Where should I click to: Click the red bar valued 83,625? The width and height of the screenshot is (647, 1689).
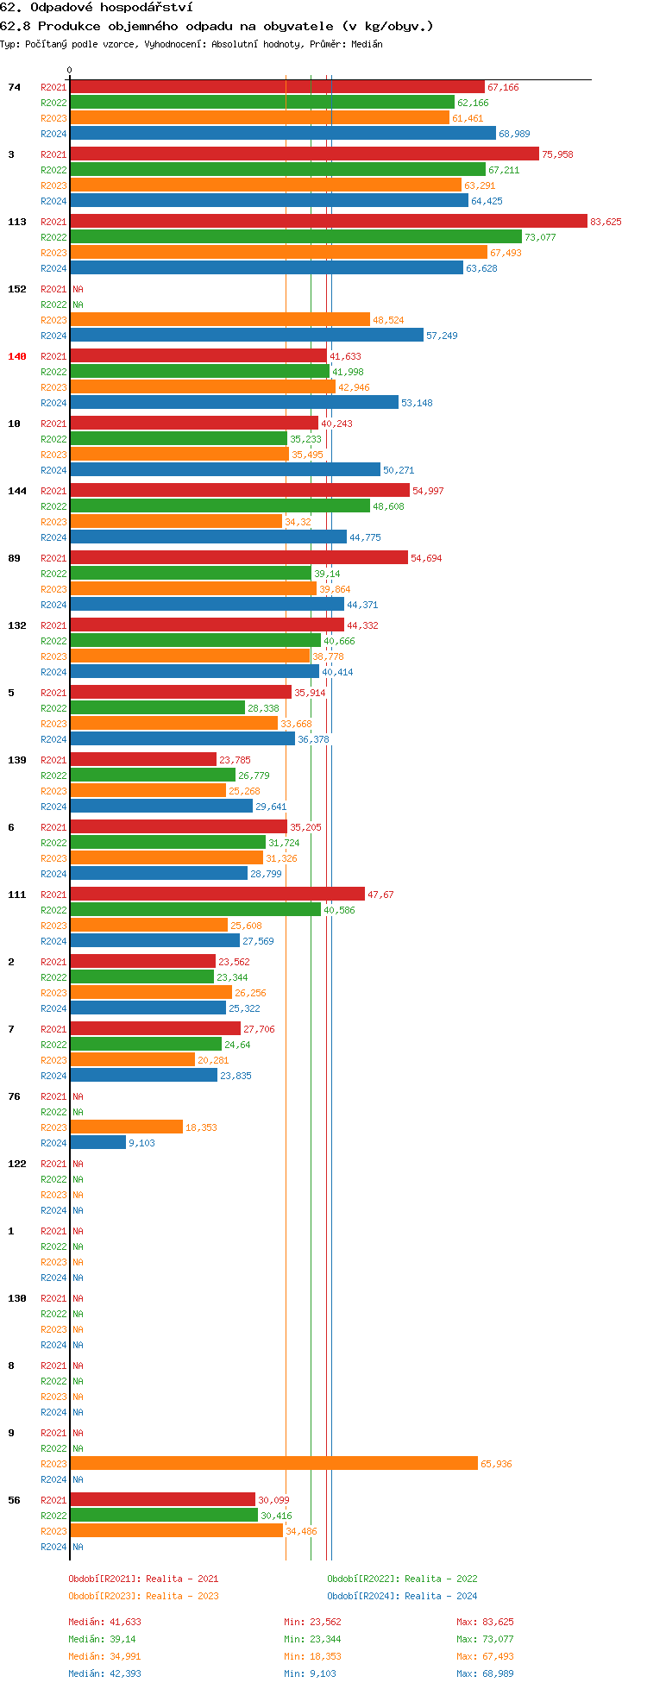[x=328, y=222]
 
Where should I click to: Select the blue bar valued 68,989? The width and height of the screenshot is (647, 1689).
[x=283, y=134]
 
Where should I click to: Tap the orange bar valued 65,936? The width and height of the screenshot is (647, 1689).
[x=273, y=1464]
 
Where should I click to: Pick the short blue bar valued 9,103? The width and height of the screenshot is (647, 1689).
[x=97, y=1143]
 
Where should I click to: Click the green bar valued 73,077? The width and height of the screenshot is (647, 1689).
[x=295, y=237]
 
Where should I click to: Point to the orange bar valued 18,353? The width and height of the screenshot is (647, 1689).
[x=126, y=1127]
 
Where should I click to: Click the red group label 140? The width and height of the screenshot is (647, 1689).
[x=17, y=356]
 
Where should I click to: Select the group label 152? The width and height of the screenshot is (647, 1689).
[x=17, y=289]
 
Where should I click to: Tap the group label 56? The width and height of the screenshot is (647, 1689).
[x=14, y=1500]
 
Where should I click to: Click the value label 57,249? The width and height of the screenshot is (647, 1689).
[x=442, y=336]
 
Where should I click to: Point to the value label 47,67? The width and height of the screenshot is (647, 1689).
[x=380, y=895]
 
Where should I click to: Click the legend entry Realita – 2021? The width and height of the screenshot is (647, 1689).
[x=143, y=1579]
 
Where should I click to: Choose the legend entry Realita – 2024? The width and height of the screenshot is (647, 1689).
[x=402, y=1596]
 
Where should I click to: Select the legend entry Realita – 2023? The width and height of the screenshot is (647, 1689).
[x=143, y=1596]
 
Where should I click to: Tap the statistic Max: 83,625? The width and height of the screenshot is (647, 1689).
[x=485, y=1622]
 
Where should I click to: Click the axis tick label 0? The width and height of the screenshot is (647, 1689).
[x=70, y=71]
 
